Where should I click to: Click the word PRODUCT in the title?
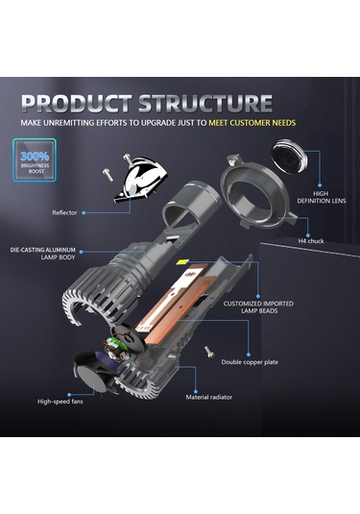[x=77, y=103]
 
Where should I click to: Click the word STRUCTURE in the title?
[x=205, y=103]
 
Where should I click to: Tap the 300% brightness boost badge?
[x=35, y=160]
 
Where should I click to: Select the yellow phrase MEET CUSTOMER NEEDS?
[x=252, y=123]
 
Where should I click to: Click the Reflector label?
[x=64, y=212]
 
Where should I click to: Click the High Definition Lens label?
[x=321, y=197]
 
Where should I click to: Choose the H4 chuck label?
[x=310, y=241]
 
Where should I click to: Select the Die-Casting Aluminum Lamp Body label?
[x=43, y=254]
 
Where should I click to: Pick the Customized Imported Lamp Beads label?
[x=258, y=307]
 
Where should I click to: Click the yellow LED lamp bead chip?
[x=181, y=262]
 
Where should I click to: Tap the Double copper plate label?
[x=250, y=362]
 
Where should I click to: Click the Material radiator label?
[x=208, y=398]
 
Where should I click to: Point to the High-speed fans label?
[x=60, y=402]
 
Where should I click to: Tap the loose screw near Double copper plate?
[x=208, y=352]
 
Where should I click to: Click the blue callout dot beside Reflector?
[x=84, y=212]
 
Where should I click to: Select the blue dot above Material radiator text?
[x=196, y=391]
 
